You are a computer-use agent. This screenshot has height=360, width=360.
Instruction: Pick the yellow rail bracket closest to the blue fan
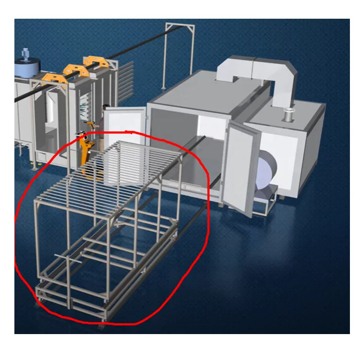(51, 78)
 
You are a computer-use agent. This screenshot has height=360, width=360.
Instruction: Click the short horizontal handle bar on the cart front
(64, 255)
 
